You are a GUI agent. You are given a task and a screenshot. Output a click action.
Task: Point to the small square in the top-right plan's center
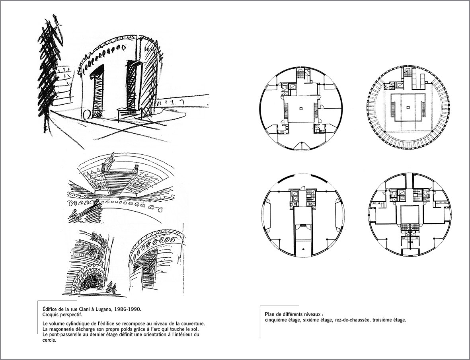pyautogui.click(x=408, y=107)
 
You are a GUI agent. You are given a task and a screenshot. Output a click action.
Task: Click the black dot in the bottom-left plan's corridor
pyautogui.click(x=303, y=249)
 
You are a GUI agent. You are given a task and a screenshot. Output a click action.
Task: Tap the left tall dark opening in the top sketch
pyautogui.click(x=98, y=91)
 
